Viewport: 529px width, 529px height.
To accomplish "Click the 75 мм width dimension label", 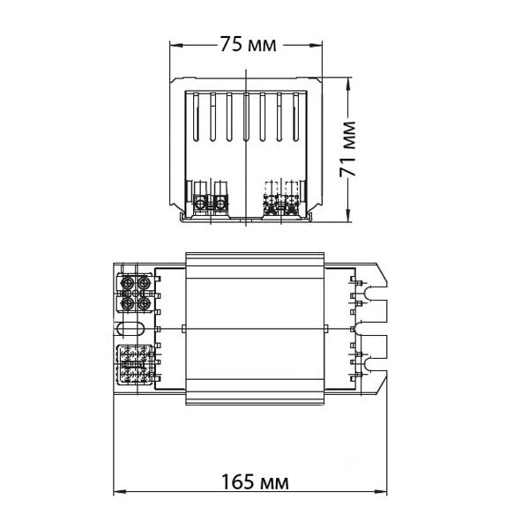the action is coord(249,44).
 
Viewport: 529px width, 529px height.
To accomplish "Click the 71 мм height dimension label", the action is coord(348,149).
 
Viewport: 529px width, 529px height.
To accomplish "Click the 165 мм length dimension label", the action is coord(255,482).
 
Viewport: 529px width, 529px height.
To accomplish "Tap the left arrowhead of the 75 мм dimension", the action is coord(175,45).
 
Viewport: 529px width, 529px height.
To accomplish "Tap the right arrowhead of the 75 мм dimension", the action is coord(317,45).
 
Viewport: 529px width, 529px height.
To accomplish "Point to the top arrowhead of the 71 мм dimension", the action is coord(347,84).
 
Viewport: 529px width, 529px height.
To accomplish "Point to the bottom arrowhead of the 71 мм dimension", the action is coord(347,216).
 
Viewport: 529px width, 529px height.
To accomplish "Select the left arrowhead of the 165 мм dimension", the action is coord(120,492).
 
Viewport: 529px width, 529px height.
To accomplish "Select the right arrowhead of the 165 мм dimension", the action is coord(381,492).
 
